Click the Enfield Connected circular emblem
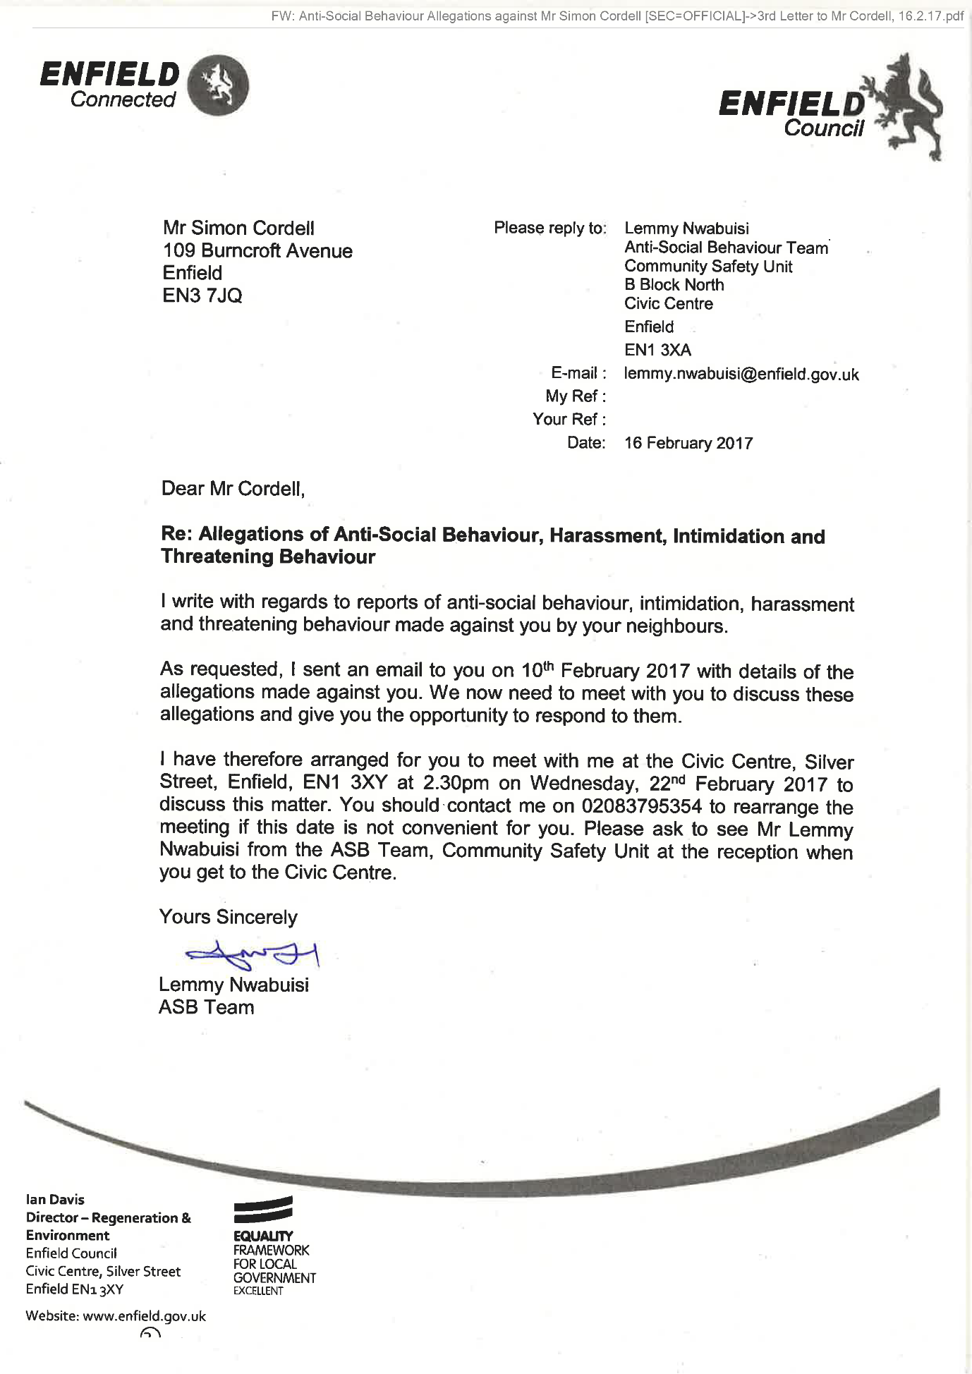[x=219, y=85]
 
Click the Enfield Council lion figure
[x=909, y=106]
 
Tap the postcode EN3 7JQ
[x=202, y=296]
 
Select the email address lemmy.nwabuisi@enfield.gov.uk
[x=741, y=374]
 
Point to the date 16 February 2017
[x=688, y=443]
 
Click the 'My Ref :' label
[x=576, y=396]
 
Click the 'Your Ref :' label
[x=569, y=420]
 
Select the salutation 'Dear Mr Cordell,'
[x=233, y=489]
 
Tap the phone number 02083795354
[x=642, y=806]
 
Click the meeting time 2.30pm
[x=456, y=784]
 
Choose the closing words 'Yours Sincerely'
[x=228, y=917]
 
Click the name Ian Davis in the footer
[x=55, y=1199]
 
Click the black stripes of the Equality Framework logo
[x=263, y=1210]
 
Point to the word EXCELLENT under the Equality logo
[x=258, y=1291]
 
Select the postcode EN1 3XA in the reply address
[x=657, y=350]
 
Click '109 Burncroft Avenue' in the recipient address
[x=257, y=251]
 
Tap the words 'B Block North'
[x=674, y=285]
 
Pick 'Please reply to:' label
[x=550, y=228]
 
